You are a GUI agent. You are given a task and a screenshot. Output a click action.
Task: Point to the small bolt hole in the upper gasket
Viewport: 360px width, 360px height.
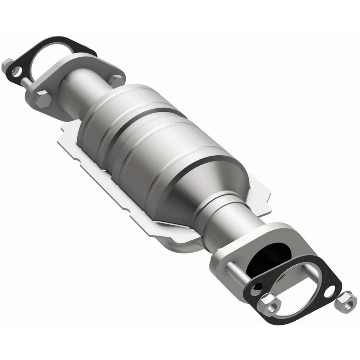[x=16, y=70]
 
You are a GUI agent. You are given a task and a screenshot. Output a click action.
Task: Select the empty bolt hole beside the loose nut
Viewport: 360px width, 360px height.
[x=330, y=291]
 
